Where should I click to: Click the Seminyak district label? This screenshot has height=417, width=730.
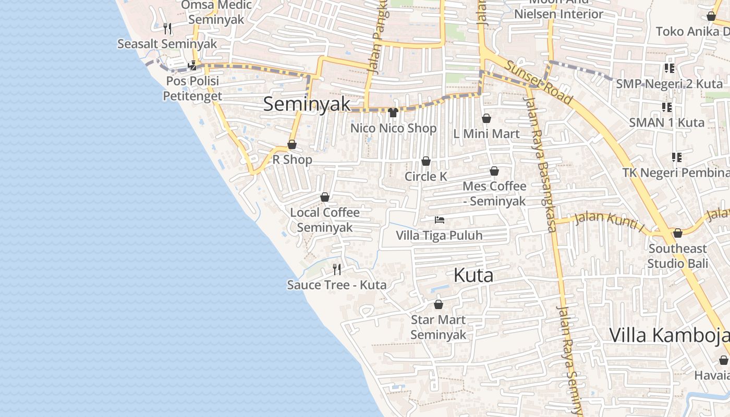coord(307,104)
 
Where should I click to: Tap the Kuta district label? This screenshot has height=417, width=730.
coord(473,275)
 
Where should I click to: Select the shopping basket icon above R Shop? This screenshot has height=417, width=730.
coord(292,144)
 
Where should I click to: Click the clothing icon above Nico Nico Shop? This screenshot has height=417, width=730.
coord(393,113)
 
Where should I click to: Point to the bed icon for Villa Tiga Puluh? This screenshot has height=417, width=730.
coord(440,220)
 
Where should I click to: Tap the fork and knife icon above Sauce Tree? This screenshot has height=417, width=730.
coord(337,269)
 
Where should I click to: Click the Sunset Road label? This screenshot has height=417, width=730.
coord(539,83)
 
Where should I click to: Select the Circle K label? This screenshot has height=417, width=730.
coord(426,177)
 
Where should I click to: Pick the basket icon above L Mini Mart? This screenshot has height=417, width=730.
coord(486,119)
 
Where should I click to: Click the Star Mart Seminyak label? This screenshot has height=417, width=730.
coord(438,327)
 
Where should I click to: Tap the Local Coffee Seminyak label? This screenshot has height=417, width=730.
coord(325,220)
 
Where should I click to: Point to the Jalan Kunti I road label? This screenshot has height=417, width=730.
coord(609,220)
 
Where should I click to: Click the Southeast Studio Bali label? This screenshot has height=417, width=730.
coord(678,256)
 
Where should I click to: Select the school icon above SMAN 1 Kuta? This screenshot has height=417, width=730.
coord(667,107)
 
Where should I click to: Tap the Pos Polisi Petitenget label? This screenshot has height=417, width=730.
coord(192,89)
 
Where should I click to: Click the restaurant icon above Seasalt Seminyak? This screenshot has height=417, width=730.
coord(167,28)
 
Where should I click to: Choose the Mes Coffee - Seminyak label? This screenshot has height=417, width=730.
coord(494,193)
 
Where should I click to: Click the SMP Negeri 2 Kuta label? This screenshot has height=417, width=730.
coord(670,84)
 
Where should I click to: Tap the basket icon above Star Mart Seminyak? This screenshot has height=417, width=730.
coord(439,304)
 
